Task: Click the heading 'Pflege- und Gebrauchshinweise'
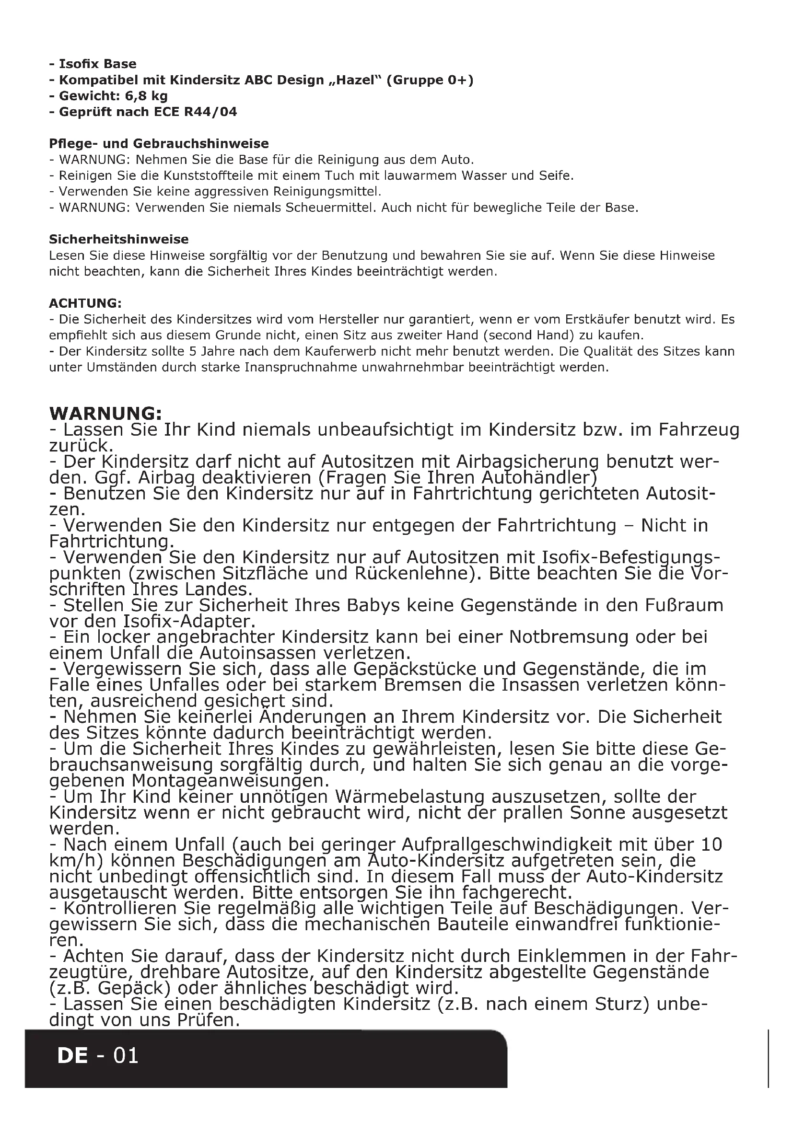pyautogui.click(x=159, y=144)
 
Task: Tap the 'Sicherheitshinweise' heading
pyautogui.click(x=118, y=239)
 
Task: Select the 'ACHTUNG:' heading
pyautogui.click(x=85, y=303)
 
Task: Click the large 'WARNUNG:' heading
pyautogui.click(x=105, y=414)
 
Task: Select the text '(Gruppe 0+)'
pyautogui.click(x=430, y=80)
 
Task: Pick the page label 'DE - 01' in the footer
pyautogui.click(x=98, y=1055)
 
